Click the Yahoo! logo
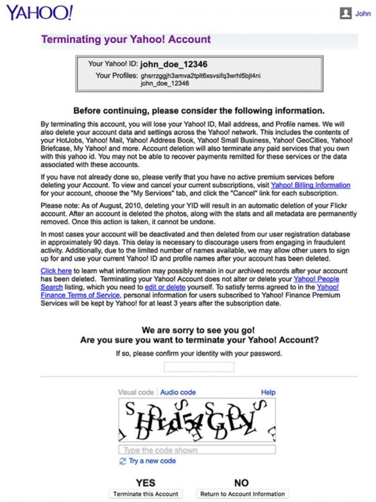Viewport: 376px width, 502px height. tap(40, 12)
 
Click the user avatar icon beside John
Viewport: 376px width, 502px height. tap(346, 13)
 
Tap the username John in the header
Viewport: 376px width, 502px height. tap(363, 13)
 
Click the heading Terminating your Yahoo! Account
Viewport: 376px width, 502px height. tap(126, 39)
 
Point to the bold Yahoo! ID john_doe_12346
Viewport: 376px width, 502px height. tap(174, 64)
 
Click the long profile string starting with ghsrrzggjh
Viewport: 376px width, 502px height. tap(200, 76)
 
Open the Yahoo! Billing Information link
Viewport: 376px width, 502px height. tap(310, 185)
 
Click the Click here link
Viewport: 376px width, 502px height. tap(56, 270)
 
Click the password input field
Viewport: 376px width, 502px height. tap(199, 367)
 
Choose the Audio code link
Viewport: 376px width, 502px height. tap(178, 392)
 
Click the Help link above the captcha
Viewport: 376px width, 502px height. tap(268, 392)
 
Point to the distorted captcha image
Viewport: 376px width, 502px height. tap(197, 420)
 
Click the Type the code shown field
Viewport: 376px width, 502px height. tap(197, 450)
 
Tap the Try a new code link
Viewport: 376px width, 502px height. tap(152, 461)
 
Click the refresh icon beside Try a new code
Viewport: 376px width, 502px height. tap(123, 461)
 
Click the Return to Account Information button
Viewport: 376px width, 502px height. tap(242, 494)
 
